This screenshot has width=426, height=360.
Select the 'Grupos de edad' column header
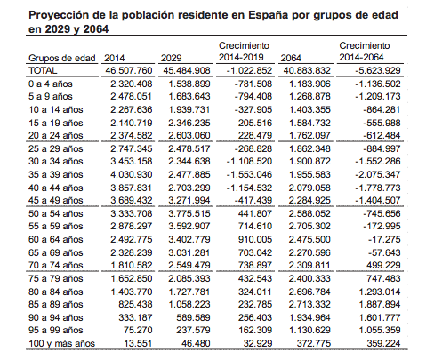[61, 58]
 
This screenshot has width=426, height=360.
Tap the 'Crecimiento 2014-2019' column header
[244, 52]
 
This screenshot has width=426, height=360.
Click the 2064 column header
[291, 58]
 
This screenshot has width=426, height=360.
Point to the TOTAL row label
[43, 71]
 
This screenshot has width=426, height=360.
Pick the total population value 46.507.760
[129, 71]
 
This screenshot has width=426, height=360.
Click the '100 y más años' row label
[61, 343]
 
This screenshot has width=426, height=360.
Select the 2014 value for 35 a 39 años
[132, 174]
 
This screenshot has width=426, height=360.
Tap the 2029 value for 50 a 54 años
[189, 213]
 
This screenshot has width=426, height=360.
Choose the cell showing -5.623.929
[378, 71]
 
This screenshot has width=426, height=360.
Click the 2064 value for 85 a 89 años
[309, 304]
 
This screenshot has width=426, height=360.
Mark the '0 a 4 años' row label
[51, 84]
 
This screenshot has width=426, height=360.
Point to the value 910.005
[255, 239]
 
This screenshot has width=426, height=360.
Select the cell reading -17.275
[384, 239]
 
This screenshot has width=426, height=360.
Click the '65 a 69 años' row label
[56, 252]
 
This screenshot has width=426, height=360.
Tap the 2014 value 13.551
[138, 343]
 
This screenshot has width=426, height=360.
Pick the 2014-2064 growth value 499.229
[383, 265]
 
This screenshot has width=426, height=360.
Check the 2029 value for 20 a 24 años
[189, 135]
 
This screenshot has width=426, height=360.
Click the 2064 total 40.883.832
[307, 71]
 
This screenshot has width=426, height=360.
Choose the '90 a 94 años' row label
[56, 317]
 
